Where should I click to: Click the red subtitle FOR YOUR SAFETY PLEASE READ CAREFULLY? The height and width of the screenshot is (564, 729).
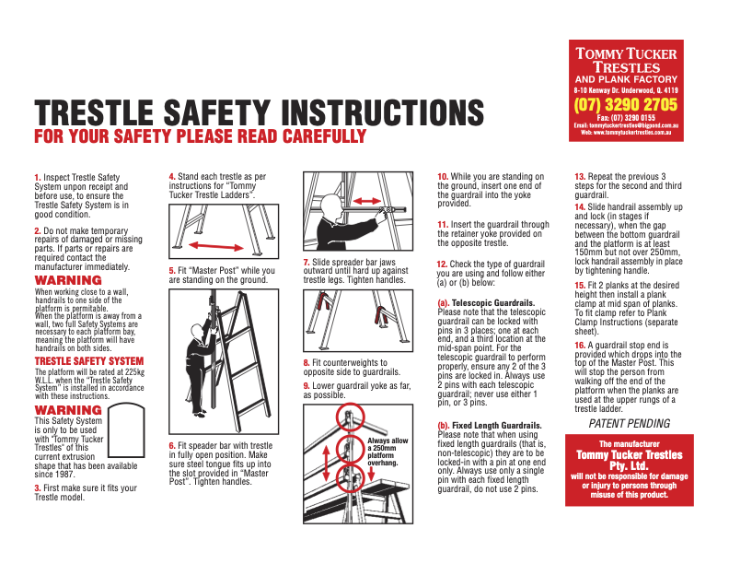200,137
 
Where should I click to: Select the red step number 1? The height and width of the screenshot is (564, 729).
37,177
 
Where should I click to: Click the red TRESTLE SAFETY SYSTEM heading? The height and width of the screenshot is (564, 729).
89,361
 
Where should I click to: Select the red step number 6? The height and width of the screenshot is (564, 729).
172,446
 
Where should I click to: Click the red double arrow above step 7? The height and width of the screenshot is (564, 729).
365,200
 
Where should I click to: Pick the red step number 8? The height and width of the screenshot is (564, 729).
307,363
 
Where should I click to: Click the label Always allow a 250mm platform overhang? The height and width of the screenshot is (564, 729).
388,452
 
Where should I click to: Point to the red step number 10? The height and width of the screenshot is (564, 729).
442,177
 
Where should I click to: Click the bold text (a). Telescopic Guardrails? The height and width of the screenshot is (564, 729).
485,302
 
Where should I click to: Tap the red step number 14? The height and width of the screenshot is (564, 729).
580,207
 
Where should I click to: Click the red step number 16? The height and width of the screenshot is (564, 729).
580,345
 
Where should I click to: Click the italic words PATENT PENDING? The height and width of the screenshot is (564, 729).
630,424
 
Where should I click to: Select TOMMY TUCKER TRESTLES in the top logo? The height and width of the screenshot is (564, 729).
626,61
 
